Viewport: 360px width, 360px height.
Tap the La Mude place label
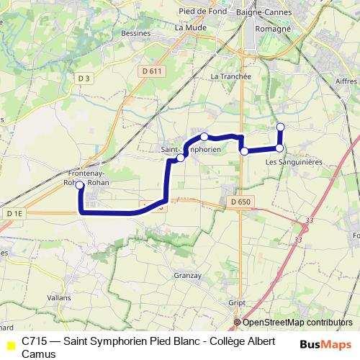click(189, 27)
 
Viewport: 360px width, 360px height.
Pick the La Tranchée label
click(230, 76)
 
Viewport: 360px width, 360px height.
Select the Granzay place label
click(187, 274)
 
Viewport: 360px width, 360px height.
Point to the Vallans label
click(58, 297)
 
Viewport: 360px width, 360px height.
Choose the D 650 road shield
click(240, 202)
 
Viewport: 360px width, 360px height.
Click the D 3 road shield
click(84, 78)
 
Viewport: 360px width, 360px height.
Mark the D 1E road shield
click(14, 213)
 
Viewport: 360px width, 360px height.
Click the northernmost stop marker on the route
click(280, 127)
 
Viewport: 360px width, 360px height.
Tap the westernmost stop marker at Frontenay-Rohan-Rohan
click(79, 185)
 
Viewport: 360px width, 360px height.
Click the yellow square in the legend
click(10, 345)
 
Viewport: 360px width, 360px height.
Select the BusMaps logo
click(325, 344)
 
